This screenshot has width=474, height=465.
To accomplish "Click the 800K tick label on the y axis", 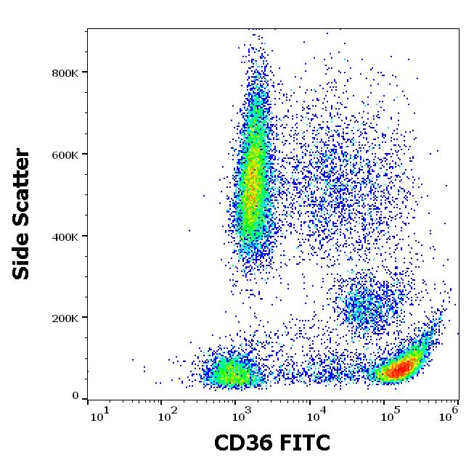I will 64,73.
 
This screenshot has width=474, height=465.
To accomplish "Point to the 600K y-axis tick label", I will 64,155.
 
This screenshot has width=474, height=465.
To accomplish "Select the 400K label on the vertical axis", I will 64,236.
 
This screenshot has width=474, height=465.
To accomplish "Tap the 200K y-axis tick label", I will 64,318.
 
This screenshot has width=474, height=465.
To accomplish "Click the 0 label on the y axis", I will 75,396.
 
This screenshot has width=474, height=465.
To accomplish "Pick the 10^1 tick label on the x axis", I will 99,415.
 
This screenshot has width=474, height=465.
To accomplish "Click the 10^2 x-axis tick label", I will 168,415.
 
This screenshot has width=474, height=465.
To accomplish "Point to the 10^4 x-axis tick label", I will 314,415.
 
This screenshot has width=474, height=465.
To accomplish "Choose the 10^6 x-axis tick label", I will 449,415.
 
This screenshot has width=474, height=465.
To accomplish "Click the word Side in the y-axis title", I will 23,259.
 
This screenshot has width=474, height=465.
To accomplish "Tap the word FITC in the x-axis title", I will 304,443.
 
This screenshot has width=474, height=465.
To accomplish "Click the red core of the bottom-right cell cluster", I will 399,370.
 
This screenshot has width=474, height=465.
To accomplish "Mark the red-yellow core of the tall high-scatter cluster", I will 253,181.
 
